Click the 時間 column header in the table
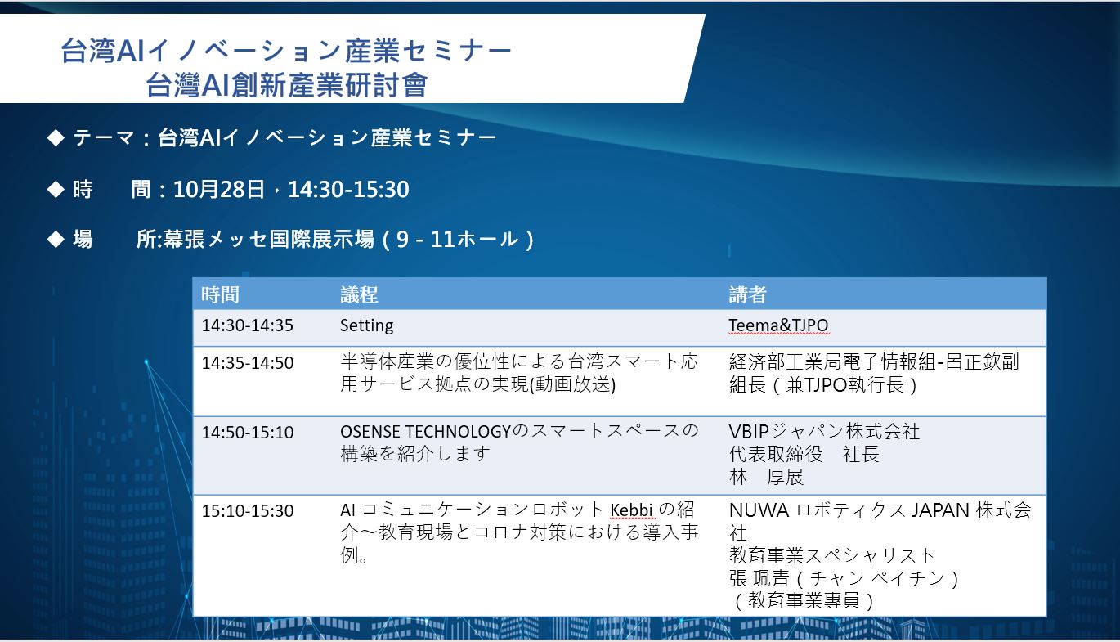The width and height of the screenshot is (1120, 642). click(220, 294)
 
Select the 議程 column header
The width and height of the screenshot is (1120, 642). click(359, 294)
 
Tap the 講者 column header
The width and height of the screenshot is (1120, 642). click(748, 294)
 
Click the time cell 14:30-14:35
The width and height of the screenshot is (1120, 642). click(248, 325)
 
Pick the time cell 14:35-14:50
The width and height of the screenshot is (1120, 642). click(248, 363)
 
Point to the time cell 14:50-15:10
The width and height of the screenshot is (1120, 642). click(248, 433)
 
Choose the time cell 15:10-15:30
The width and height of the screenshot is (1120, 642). click(248, 511)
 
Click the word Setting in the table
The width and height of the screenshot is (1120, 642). click(366, 326)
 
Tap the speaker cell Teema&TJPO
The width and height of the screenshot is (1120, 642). click(778, 325)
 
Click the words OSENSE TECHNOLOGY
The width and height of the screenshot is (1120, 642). click(425, 432)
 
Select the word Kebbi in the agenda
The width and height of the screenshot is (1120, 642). click(631, 510)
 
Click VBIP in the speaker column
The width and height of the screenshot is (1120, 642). click(749, 432)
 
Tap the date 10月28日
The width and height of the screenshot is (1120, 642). click(219, 190)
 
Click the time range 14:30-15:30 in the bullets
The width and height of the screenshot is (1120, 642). click(348, 190)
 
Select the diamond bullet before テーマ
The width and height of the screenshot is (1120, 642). click(56, 137)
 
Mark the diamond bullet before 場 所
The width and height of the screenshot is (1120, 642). click(56, 239)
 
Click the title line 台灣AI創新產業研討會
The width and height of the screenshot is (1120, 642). click(286, 85)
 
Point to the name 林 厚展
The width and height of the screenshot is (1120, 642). click(766, 477)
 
